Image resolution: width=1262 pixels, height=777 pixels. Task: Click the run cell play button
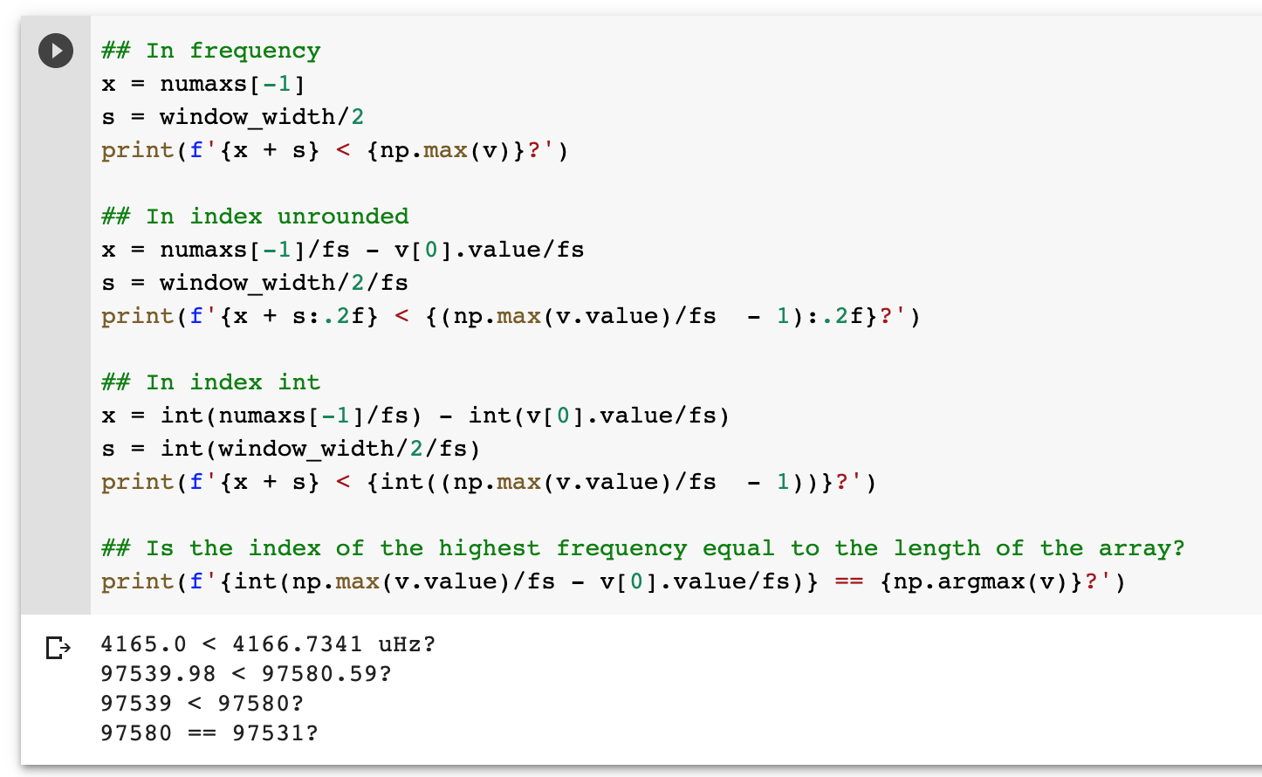[56, 51]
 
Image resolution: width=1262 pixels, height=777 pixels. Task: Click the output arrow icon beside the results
[58, 648]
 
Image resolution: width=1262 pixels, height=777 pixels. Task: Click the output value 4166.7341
[297, 644]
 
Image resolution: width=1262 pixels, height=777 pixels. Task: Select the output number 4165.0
[143, 644]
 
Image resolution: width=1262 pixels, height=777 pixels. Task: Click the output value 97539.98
[158, 674]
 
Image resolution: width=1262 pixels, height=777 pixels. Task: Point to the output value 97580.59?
[326, 674]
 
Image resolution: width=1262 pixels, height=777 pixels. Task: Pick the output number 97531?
[275, 733]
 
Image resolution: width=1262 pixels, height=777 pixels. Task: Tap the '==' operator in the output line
[202, 733]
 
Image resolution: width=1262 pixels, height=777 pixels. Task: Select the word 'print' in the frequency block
[137, 150]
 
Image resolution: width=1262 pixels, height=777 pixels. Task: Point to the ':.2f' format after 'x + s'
[336, 316]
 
